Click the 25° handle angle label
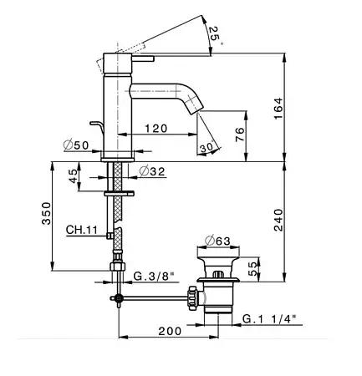click(216, 34)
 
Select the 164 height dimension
click(278, 109)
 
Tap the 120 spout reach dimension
click(156, 129)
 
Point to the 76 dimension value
click(240, 135)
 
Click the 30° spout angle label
click(207, 148)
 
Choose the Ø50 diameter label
click(76, 145)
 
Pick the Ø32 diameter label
click(152, 171)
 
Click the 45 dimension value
click(73, 176)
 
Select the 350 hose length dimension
click(46, 213)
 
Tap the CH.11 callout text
click(82, 230)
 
